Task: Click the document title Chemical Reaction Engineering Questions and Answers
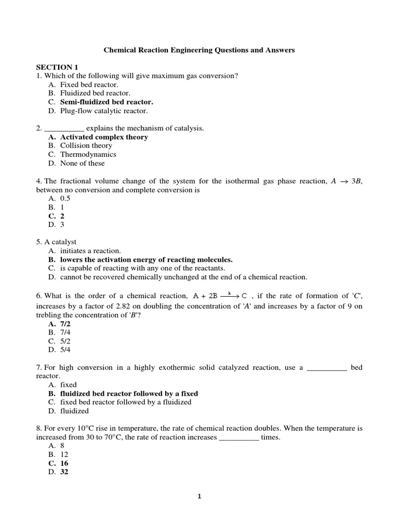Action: click(199, 50)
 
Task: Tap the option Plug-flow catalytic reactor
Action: click(104, 111)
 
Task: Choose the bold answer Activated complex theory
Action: click(104, 137)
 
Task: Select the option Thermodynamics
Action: click(88, 154)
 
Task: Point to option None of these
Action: click(82, 163)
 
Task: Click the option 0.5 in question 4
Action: click(65, 198)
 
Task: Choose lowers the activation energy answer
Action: click(146, 259)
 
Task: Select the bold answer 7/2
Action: click(66, 323)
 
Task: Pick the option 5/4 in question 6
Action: click(66, 349)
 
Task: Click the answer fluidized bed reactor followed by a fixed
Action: click(129, 393)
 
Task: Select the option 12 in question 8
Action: click(64, 455)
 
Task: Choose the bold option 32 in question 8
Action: click(64, 472)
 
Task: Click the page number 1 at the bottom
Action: click(199, 497)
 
